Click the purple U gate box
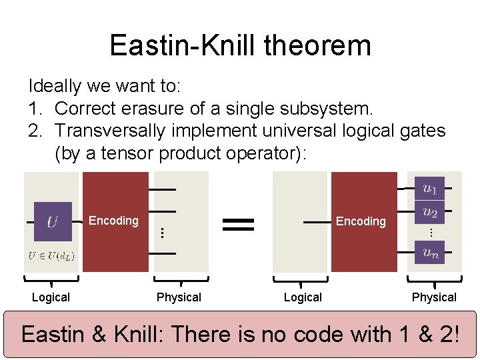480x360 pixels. click(52, 221)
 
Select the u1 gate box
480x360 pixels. click(429, 189)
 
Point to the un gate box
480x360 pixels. click(429, 252)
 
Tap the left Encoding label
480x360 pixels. click(113, 221)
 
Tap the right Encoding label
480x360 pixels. click(361, 221)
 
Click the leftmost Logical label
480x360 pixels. click(51, 297)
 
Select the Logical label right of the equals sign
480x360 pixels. click(303, 297)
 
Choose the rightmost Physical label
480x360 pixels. click(434, 297)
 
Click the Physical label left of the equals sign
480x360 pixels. click(179, 297)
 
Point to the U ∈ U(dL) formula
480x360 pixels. click(51, 255)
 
